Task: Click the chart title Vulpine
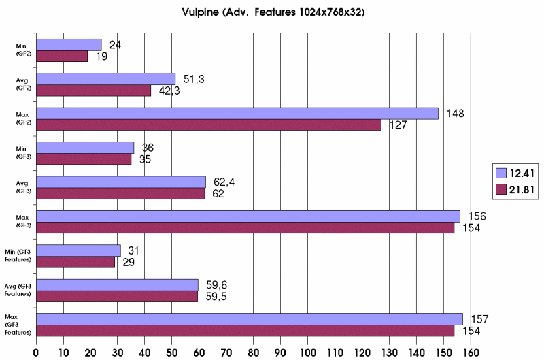coord(271,12)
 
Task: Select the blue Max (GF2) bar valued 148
coord(237,113)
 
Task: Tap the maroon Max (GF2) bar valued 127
coord(208,125)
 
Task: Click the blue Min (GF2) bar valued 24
coord(68,45)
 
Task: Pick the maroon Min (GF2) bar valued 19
coord(61,56)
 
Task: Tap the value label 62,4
coord(224,182)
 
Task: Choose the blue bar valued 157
coord(249,318)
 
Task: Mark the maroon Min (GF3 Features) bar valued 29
coord(75,262)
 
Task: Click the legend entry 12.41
coord(518,172)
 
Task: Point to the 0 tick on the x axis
coord(36,353)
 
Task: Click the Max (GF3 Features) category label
coord(20,325)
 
